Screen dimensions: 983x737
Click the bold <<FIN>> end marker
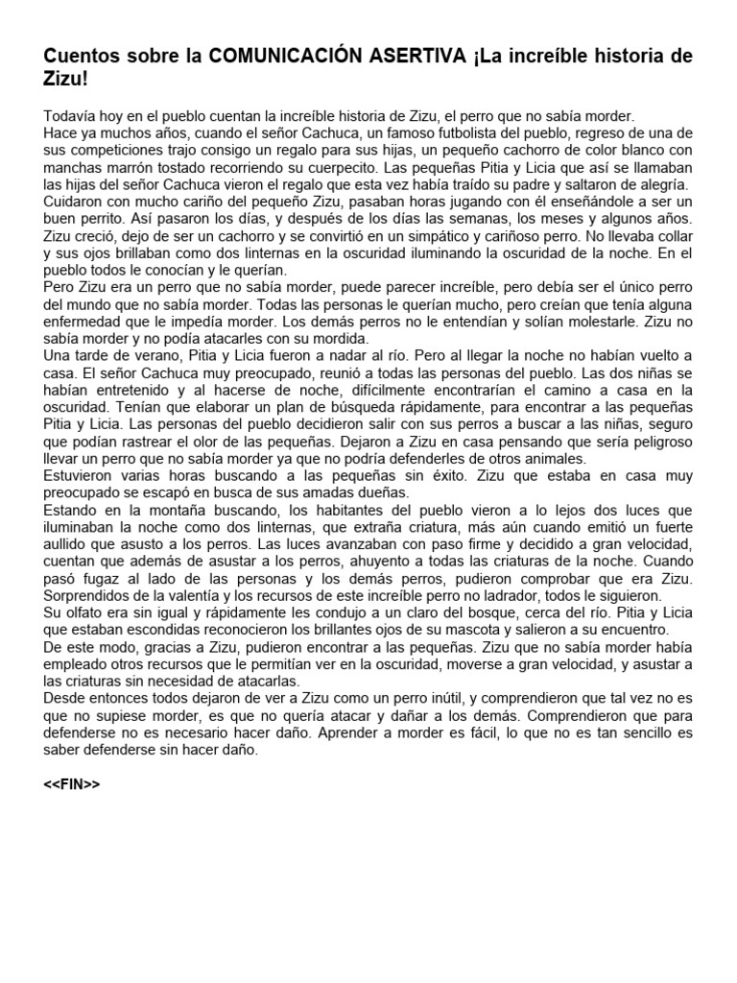coord(71,784)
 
